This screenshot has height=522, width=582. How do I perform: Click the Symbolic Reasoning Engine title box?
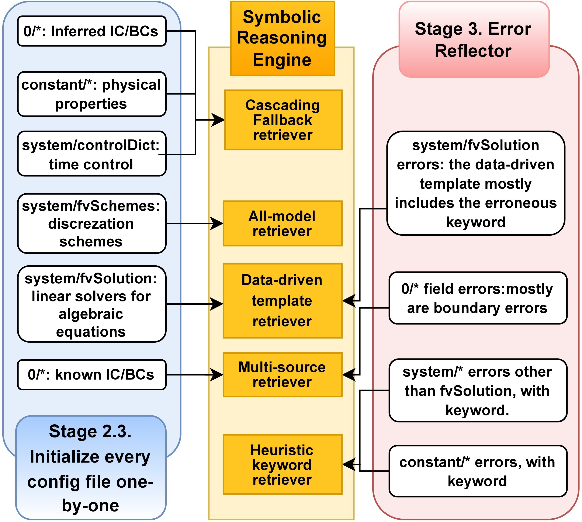282,38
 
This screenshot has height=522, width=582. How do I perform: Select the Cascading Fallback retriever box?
283,120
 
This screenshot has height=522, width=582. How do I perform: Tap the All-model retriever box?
282,224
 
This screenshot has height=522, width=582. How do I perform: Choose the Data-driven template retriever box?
282,301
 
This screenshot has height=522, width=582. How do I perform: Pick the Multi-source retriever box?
282,375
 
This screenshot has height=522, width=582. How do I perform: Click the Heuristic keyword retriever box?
282,465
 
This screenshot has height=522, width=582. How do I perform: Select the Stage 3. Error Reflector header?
474,39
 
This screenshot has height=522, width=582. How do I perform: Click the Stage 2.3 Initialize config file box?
91,468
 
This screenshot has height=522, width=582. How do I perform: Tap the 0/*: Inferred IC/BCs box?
91,31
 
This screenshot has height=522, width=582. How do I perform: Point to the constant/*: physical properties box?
91,94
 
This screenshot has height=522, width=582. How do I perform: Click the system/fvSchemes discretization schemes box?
91,224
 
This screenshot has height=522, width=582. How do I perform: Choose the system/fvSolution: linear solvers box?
91,304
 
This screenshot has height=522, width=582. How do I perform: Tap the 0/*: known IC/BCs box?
91,375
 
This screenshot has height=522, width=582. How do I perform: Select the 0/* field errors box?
478,298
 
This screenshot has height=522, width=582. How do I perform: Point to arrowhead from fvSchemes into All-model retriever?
217,224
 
